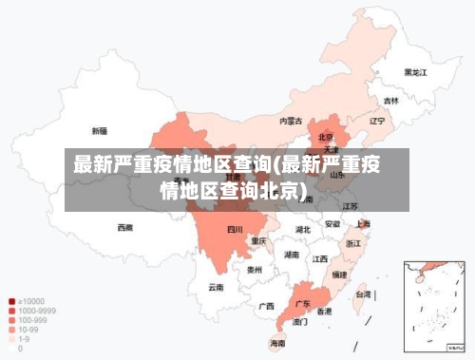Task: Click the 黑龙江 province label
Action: [414, 71]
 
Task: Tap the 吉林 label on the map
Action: [390, 100]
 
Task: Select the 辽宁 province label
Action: [377, 121]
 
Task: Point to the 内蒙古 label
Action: [291, 121]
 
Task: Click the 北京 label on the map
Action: [326, 136]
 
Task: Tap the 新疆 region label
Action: [100, 130]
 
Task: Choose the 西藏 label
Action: [125, 227]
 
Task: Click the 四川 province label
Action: [234, 230]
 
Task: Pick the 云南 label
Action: [217, 286]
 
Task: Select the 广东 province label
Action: [303, 304]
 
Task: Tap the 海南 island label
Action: [278, 342]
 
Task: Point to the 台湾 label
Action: [363, 294]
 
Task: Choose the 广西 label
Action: [267, 306]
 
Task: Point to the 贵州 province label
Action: [254, 270]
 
